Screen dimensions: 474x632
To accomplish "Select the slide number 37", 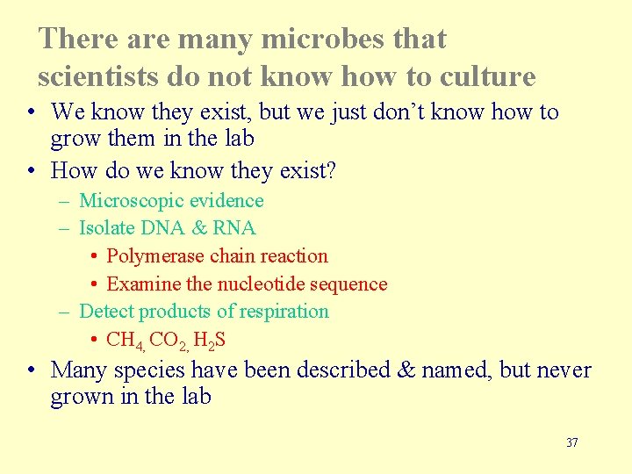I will coord(571,442).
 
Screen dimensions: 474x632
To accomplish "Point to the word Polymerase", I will coord(155,256).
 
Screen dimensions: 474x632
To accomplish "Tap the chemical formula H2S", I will coord(212,340).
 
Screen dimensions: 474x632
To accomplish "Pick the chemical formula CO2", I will coord(168,340).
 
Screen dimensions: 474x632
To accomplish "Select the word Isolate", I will coord(106,228).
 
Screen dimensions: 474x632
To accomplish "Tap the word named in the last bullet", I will coord(455,370).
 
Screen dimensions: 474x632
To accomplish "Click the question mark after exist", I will coord(330,170).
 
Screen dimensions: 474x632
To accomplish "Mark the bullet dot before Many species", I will coord(31,370).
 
